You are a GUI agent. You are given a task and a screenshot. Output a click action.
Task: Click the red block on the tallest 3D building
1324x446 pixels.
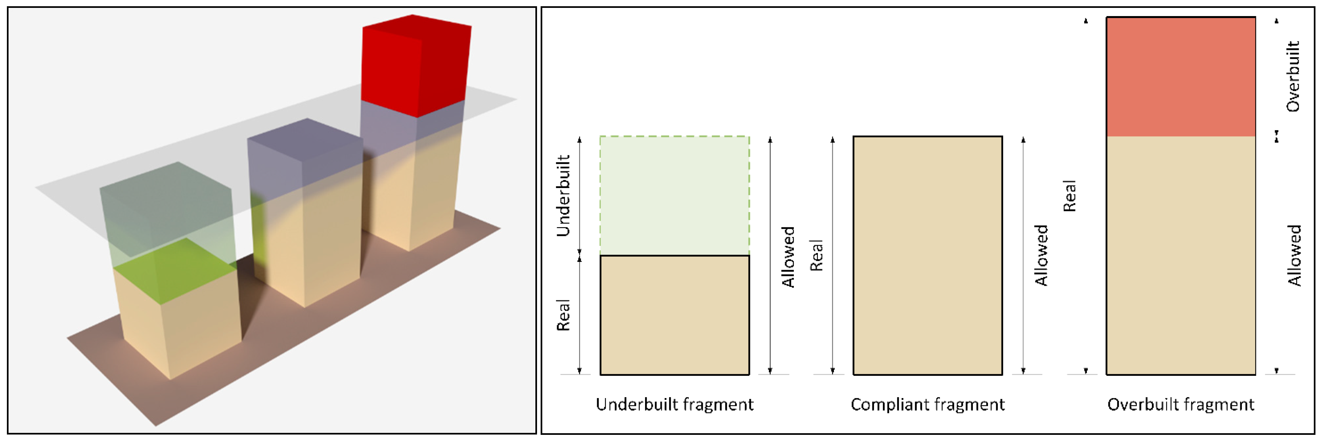coord(415,64)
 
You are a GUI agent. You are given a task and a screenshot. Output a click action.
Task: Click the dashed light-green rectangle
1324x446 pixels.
coord(674,195)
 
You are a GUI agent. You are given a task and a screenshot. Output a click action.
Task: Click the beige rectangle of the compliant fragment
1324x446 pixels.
coord(927,255)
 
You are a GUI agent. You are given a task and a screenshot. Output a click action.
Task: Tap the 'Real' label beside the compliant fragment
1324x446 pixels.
coord(816,255)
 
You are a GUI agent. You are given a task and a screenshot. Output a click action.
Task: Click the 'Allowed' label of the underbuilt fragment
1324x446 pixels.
coord(788,257)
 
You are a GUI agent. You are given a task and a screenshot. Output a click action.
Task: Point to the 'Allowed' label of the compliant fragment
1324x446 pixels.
coord(1041,255)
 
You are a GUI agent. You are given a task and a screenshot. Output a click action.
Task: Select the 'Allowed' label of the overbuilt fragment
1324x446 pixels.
coord(1294,255)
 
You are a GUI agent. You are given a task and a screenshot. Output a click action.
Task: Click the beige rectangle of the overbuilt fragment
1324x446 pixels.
coord(1180,255)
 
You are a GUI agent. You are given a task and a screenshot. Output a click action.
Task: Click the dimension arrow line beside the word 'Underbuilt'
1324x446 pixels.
coord(580,195)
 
